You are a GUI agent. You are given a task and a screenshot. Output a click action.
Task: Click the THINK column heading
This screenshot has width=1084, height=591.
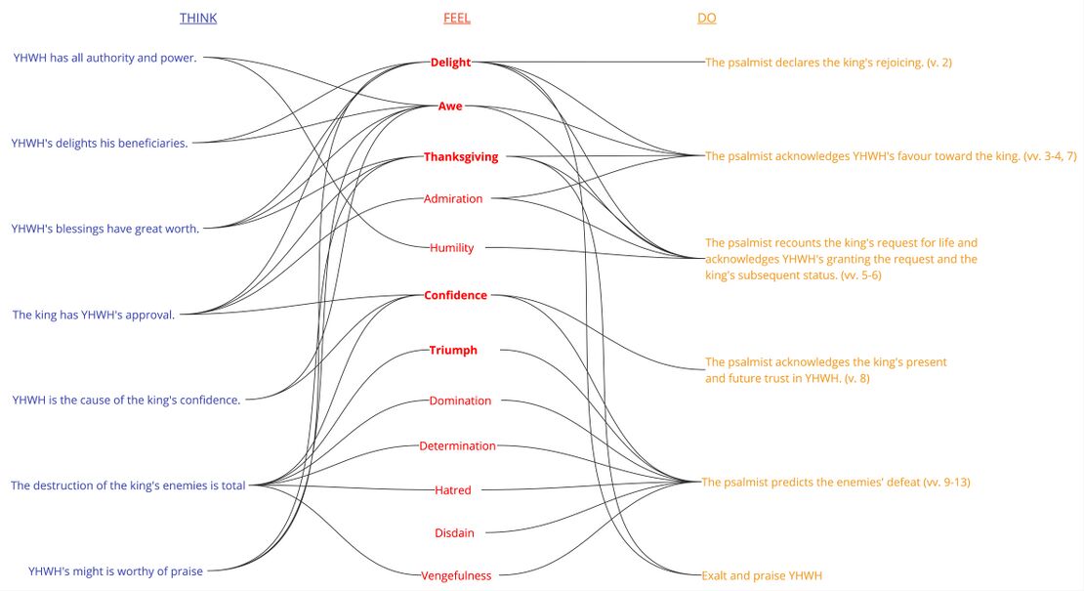(198, 19)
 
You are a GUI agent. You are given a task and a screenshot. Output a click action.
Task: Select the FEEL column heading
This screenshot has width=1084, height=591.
(456, 19)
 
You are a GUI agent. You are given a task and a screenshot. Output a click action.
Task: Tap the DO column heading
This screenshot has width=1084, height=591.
(706, 19)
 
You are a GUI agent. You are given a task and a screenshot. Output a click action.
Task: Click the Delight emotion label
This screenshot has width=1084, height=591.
(450, 63)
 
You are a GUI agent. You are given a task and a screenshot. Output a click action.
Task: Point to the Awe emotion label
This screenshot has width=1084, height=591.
(450, 106)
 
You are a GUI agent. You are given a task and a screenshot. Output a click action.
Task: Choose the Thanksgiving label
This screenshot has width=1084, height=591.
(461, 156)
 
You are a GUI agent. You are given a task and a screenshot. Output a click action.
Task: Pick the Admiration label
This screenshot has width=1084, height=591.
(453, 199)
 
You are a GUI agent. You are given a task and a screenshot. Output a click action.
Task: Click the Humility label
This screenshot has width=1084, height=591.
(452, 248)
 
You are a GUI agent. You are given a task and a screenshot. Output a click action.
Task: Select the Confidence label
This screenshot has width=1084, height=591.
(455, 296)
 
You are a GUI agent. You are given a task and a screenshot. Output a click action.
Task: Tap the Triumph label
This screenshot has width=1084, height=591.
(453, 351)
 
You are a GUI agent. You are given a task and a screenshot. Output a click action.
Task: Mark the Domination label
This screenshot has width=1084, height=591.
(460, 401)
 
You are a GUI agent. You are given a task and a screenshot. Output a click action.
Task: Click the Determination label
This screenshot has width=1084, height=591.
(457, 446)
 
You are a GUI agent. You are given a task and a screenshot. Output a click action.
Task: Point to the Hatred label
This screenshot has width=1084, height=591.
(453, 490)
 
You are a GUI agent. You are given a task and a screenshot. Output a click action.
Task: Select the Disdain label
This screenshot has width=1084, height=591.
(453, 533)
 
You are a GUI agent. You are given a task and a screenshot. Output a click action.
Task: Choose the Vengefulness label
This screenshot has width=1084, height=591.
(456, 575)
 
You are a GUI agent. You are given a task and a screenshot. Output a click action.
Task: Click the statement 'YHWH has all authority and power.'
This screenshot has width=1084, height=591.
(105, 58)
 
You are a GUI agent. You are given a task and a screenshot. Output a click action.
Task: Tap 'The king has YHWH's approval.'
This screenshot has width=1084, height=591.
(94, 315)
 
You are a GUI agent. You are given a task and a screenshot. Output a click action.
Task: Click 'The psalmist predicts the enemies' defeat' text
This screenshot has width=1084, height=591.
(835, 483)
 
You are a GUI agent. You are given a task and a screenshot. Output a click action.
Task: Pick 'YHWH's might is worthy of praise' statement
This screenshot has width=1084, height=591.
(115, 571)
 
